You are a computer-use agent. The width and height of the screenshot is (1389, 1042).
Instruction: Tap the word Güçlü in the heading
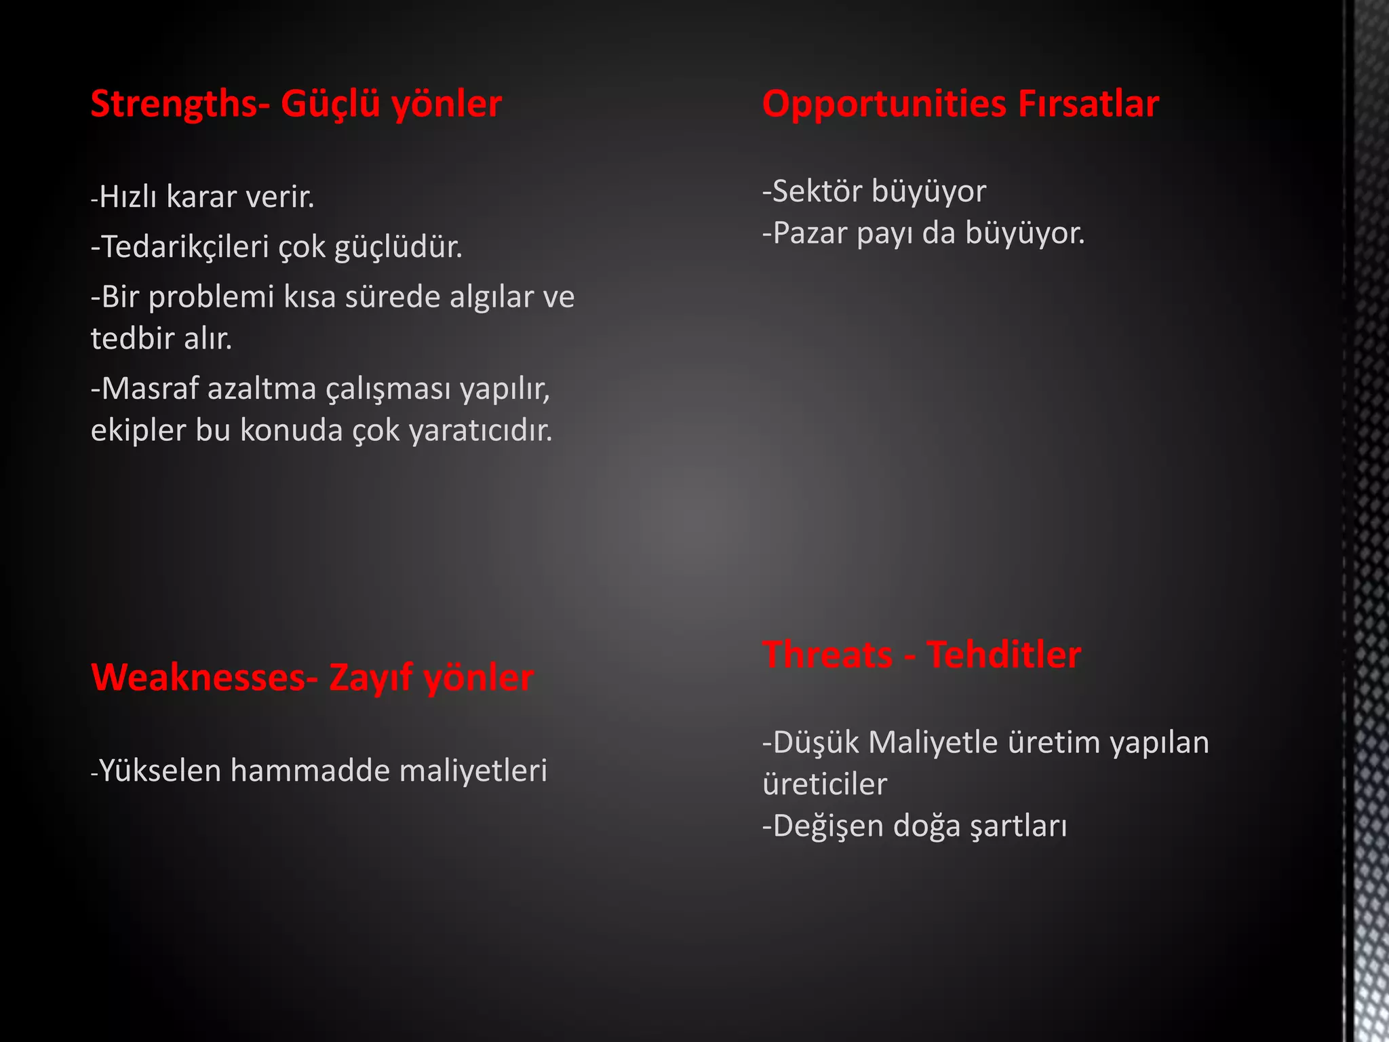[330, 104]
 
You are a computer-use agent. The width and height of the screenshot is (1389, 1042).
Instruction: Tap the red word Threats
[827, 655]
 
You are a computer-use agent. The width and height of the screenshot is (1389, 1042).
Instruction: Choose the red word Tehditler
[1003, 655]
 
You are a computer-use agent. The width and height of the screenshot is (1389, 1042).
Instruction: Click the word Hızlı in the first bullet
[128, 197]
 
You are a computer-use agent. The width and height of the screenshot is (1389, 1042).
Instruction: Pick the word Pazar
[810, 233]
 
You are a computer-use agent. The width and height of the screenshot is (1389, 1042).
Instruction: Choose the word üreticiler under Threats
[825, 784]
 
